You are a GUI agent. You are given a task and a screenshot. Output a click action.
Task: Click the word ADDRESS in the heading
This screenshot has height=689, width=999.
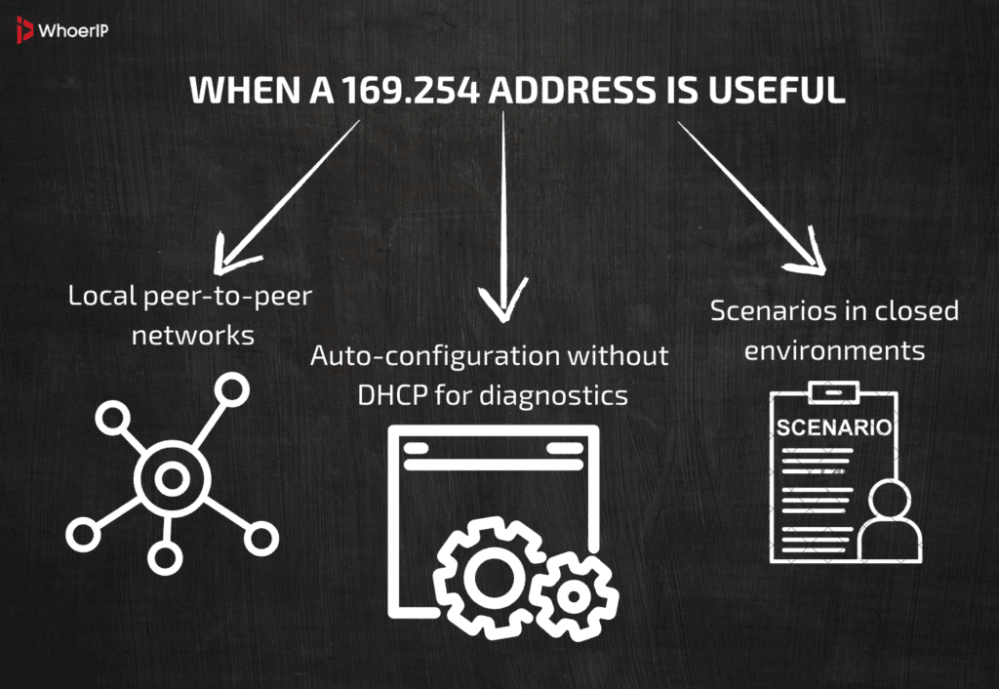tap(571, 90)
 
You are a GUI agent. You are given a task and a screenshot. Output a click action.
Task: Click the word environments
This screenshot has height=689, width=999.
tap(834, 349)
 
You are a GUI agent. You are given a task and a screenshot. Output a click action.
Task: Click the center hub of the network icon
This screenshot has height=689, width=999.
tap(172, 477)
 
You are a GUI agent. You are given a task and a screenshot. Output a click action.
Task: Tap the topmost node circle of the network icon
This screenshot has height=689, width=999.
tap(231, 390)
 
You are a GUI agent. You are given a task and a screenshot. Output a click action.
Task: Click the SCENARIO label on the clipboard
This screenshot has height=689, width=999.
tap(833, 428)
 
